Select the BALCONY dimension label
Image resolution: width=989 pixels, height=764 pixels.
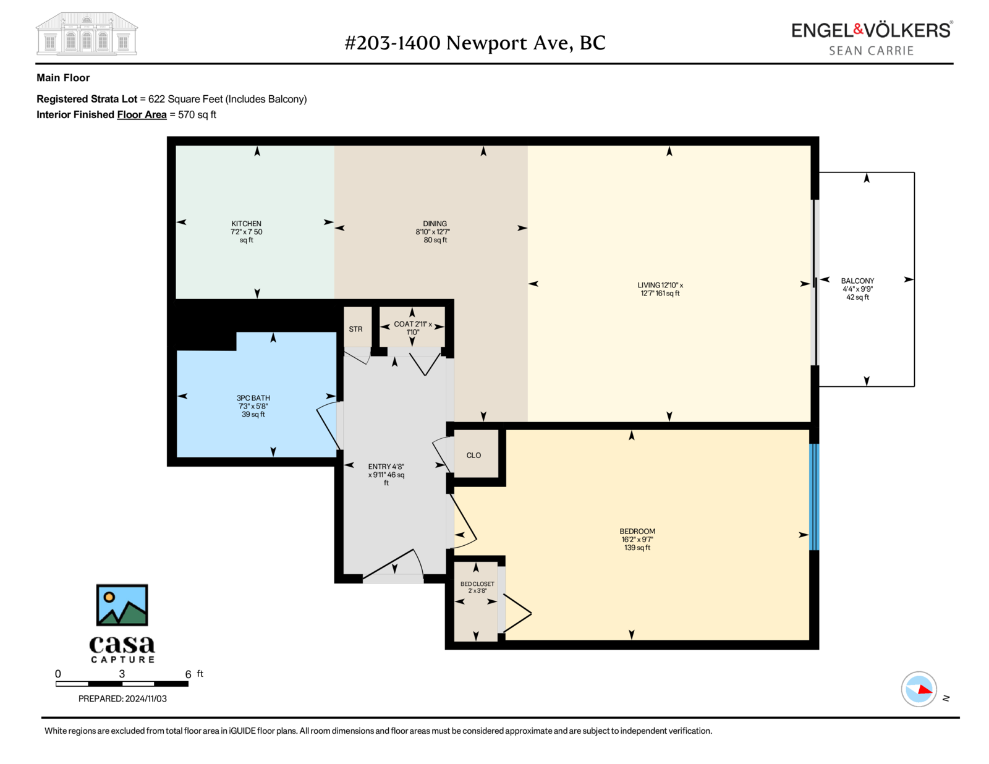(x=857, y=289)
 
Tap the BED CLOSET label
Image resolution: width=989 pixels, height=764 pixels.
(x=477, y=587)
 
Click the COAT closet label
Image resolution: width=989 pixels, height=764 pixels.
(x=413, y=328)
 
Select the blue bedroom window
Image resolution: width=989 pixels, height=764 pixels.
(x=814, y=497)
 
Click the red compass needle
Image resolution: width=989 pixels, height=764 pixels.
(x=925, y=689)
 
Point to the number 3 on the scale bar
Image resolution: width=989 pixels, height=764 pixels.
(x=122, y=674)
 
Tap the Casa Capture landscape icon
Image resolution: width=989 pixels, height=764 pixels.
(x=122, y=605)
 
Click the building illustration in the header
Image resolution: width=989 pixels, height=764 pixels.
(x=87, y=33)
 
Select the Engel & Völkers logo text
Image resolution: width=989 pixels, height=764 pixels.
(x=872, y=30)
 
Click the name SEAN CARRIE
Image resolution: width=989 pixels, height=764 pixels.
(x=871, y=51)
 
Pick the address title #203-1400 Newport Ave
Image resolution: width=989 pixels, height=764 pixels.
(x=475, y=43)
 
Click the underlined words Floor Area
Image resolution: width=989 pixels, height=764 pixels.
(x=142, y=115)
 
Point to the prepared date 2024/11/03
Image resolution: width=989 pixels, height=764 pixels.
(x=146, y=698)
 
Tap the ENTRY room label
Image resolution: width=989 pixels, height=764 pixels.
(x=386, y=475)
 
